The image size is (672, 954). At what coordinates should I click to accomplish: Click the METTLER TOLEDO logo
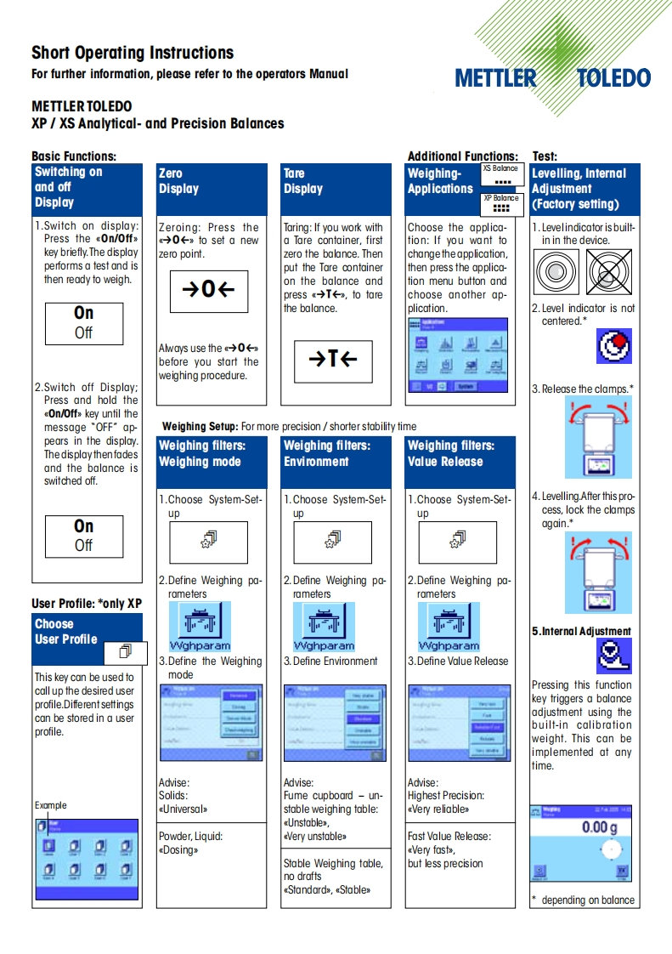552,78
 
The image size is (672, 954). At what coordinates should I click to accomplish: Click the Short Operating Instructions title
133,53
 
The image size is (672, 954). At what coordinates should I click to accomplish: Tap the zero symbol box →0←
208,290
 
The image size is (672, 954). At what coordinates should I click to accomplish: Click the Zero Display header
178,181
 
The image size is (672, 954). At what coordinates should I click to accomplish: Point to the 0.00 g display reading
599,827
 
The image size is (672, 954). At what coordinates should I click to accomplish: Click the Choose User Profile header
66,631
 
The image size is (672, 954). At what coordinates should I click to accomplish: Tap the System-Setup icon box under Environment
333,541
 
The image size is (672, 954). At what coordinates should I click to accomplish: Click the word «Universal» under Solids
183,809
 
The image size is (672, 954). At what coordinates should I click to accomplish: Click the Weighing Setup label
200,426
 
